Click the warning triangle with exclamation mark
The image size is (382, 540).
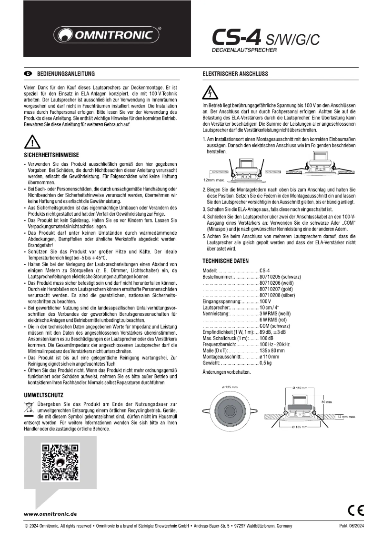click(x=32, y=142)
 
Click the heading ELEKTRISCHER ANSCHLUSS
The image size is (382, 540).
click(x=235, y=74)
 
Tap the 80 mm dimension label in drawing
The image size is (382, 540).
click(x=326, y=402)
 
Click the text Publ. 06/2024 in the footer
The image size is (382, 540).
click(x=352, y=526)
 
